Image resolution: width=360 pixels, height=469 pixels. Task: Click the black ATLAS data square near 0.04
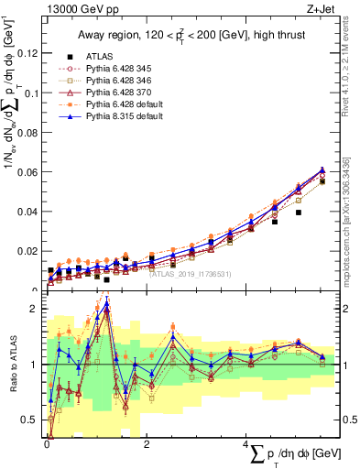[299, 213]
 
